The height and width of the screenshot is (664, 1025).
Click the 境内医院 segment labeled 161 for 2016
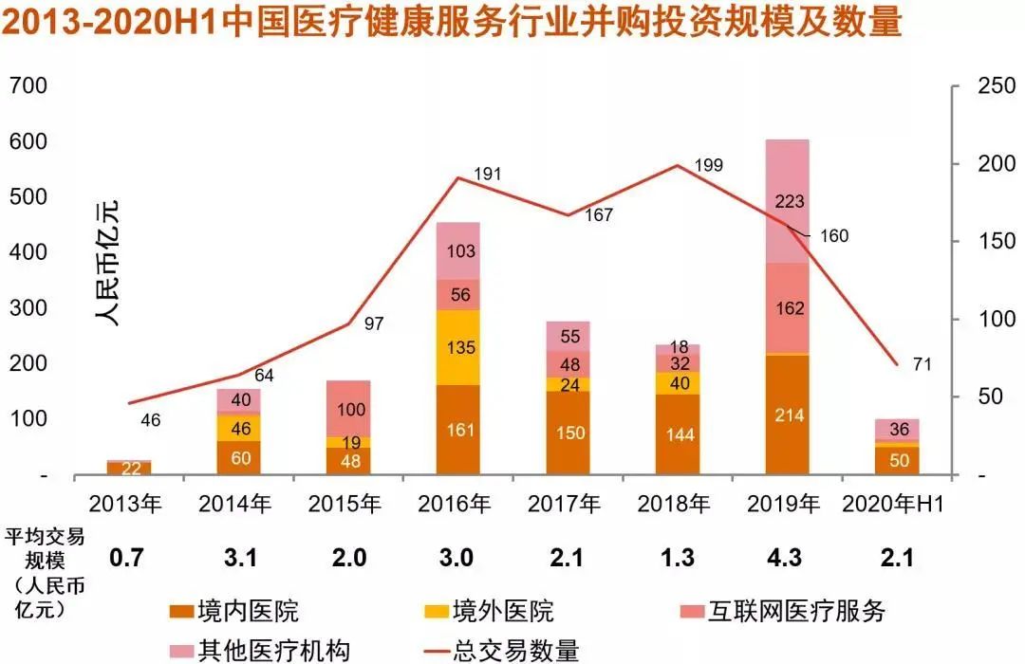click(457, 430)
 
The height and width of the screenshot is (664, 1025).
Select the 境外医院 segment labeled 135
click(457, 347)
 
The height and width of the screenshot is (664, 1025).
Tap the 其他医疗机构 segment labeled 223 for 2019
click(787, 201)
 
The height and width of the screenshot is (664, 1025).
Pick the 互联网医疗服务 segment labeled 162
click(787, 308)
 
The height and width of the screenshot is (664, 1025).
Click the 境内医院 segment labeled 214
click(787, 415)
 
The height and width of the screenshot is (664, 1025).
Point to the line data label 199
click(708, 164)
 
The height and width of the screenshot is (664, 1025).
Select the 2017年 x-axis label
click(567, 504)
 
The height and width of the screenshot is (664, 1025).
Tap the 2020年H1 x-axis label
click(897, 504)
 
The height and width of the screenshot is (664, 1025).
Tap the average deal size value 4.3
click(787, 559)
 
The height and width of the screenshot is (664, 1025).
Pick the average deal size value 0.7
click(126, 559)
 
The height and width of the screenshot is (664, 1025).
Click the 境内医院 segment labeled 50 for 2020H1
click(897, 460)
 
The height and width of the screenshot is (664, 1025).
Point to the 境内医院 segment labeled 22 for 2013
click(128, 469)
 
